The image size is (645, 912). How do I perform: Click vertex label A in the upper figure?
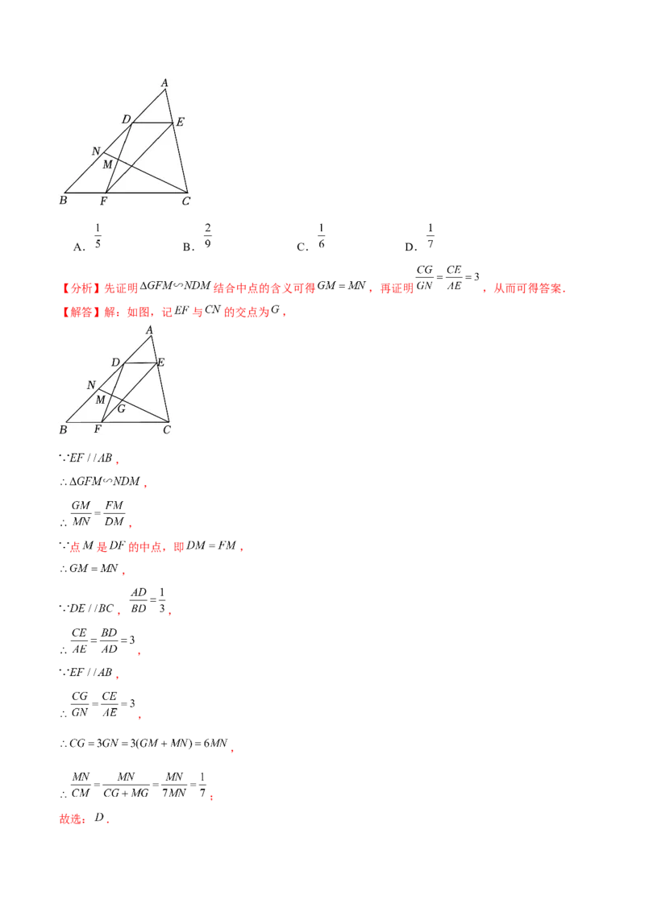pyautogui.click(x=164, y=82)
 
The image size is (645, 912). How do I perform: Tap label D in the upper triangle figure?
pyautogui.click(x=127, y=120)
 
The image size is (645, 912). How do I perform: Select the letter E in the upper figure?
pyautogui.click(x=180, y=122)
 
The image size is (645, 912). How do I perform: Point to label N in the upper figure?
pyautogui.click(x=96, y=151)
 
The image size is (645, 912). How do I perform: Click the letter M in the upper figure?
pyautogui.click(x=107, y=164)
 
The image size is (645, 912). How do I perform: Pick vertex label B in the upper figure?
pyautogui.click(x=63, y=200)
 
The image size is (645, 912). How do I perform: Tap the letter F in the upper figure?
pyautogui.click(x=103, y=200)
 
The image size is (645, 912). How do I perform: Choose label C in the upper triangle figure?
pyautogui.click(x=185, y=201)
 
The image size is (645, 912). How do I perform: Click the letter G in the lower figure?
pyautogui.click(x=121, y=408)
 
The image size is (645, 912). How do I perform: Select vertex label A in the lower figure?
pyautogui.click(x=150, y=330)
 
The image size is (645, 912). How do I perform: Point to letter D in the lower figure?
pyautogui.click(x=115, y=362)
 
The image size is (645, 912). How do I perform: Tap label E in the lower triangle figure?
pyautogui.click(x=160, y=363)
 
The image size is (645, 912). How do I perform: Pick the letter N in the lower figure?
pyautogui.click(x=91, y=385)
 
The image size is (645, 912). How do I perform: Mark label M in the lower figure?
pyautogui.click(x=101, y=400)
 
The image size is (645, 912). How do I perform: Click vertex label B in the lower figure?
pyautogui.click(x=62, y=430)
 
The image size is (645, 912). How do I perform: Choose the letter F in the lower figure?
pyautogui.click(x=97, y=429)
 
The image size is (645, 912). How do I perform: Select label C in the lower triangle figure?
pyautogui.click(x=166, y=430)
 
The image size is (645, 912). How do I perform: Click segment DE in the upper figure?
pyautogui.click(x=152, y=123)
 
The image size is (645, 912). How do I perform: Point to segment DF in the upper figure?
pyautogui.click(x=119, y=158)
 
